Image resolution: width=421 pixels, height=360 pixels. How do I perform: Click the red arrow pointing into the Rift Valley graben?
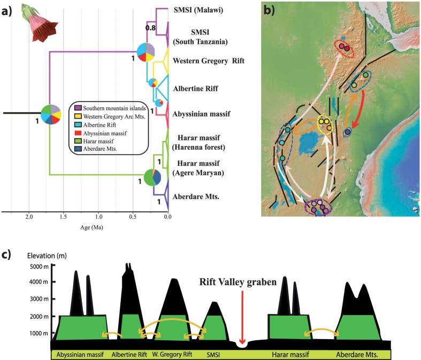tap(242, 316)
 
